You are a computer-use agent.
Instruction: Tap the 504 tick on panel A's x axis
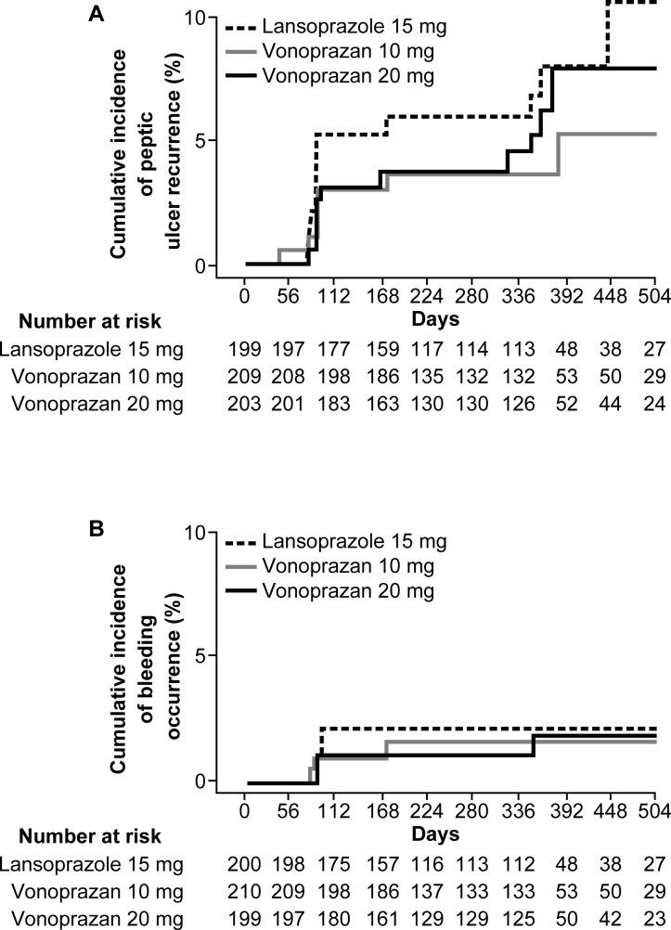pos(655,295)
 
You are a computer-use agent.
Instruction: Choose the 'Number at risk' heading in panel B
pos(89,837)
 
